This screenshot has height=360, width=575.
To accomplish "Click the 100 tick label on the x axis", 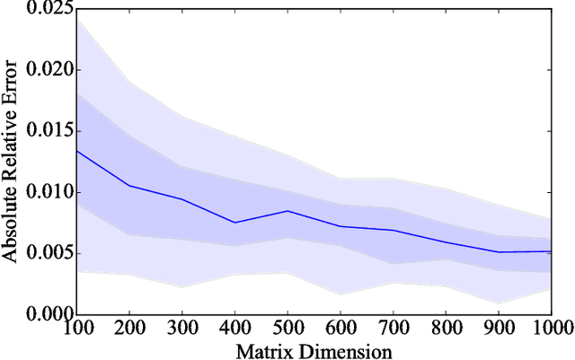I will pyautogui.click(x=79, y=328).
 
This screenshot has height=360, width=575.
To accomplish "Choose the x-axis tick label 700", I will pyautogui.click(x=392, y=328).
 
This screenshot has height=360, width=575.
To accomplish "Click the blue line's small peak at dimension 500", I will pyautogui.click(x=287, y=211).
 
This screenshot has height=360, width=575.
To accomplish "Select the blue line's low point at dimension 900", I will pyautogui.click(x=496, y=252).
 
